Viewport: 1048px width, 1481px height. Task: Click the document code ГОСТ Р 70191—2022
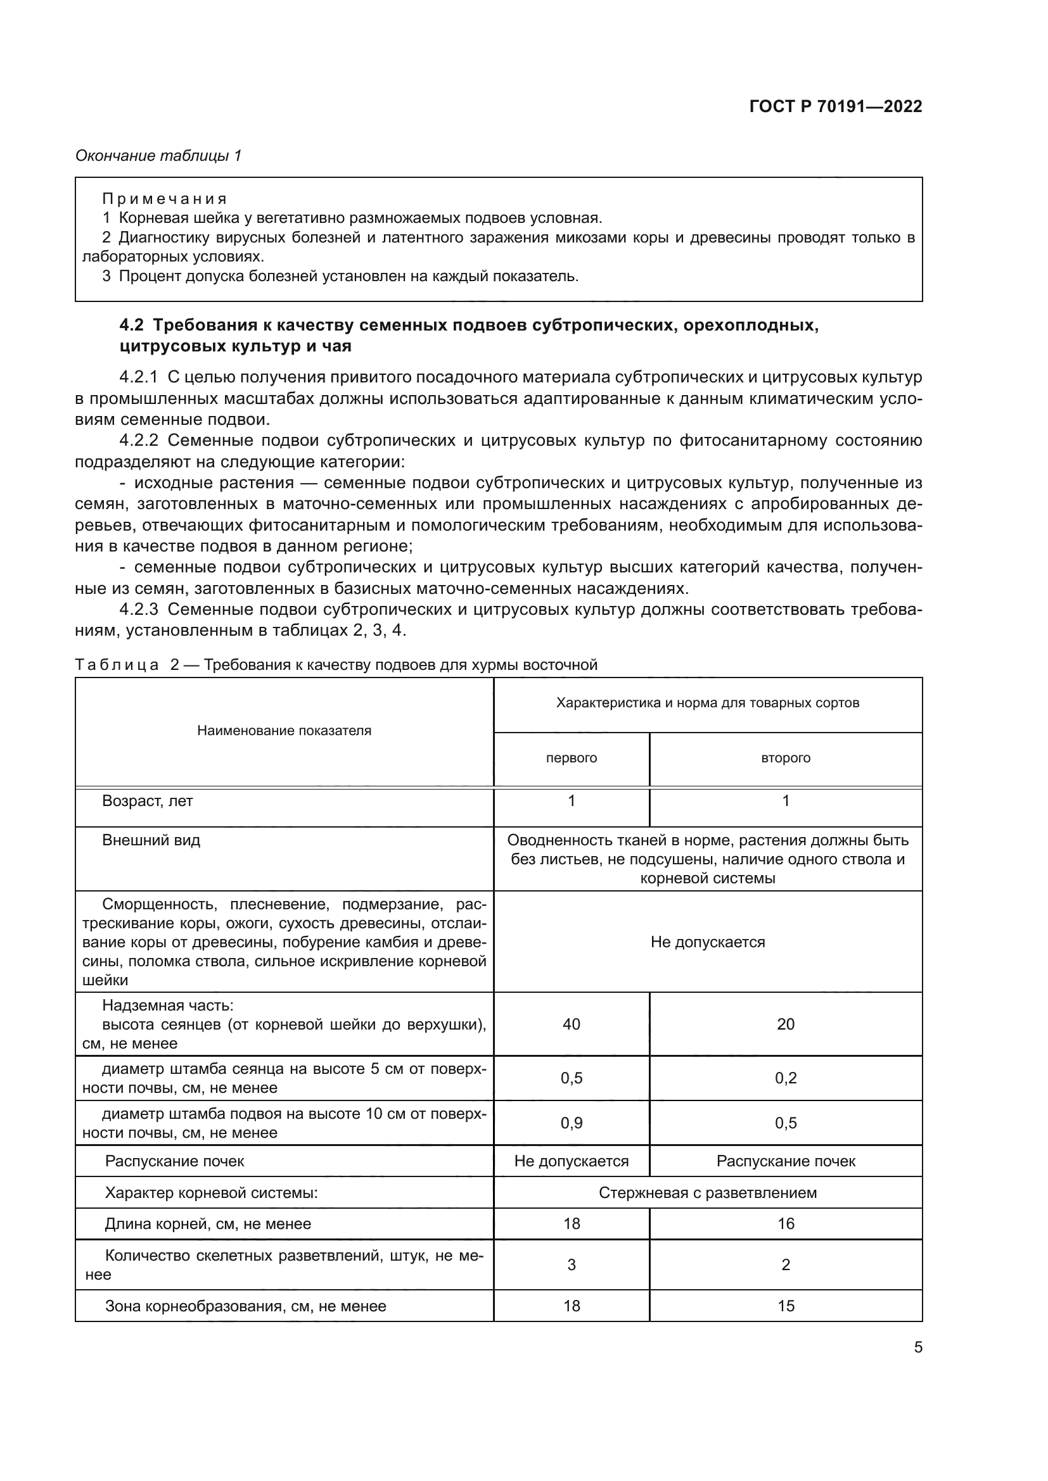coord(836,107)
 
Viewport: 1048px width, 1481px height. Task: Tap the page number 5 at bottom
coord(917,1347)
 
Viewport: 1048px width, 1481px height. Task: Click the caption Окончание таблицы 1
coord(158,156)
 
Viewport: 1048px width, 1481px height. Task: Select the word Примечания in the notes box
coord(165,199)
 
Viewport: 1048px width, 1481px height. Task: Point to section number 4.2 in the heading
coord(132,325)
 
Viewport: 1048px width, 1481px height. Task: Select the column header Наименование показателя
coord(284,731)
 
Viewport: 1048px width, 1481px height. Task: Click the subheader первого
coord(571,758)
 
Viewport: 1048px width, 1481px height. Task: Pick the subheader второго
coord(785,758)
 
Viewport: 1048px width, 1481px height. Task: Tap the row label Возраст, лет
coord(148,801)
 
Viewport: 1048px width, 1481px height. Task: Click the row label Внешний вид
coord(151,840)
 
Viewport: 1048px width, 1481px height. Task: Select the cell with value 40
coord(571,1024)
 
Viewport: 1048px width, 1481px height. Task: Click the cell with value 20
coord(785,1024)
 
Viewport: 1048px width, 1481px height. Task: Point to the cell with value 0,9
coord(571,1123)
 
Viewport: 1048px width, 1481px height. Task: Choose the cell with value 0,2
coord(785,1078)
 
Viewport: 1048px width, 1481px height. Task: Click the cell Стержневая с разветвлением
coord(707,1193)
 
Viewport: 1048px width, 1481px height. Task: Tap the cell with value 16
coord(785,1224)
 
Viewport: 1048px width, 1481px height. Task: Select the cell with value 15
coord(785,1306)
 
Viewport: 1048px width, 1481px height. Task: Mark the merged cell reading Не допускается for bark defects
coord(707,942)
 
